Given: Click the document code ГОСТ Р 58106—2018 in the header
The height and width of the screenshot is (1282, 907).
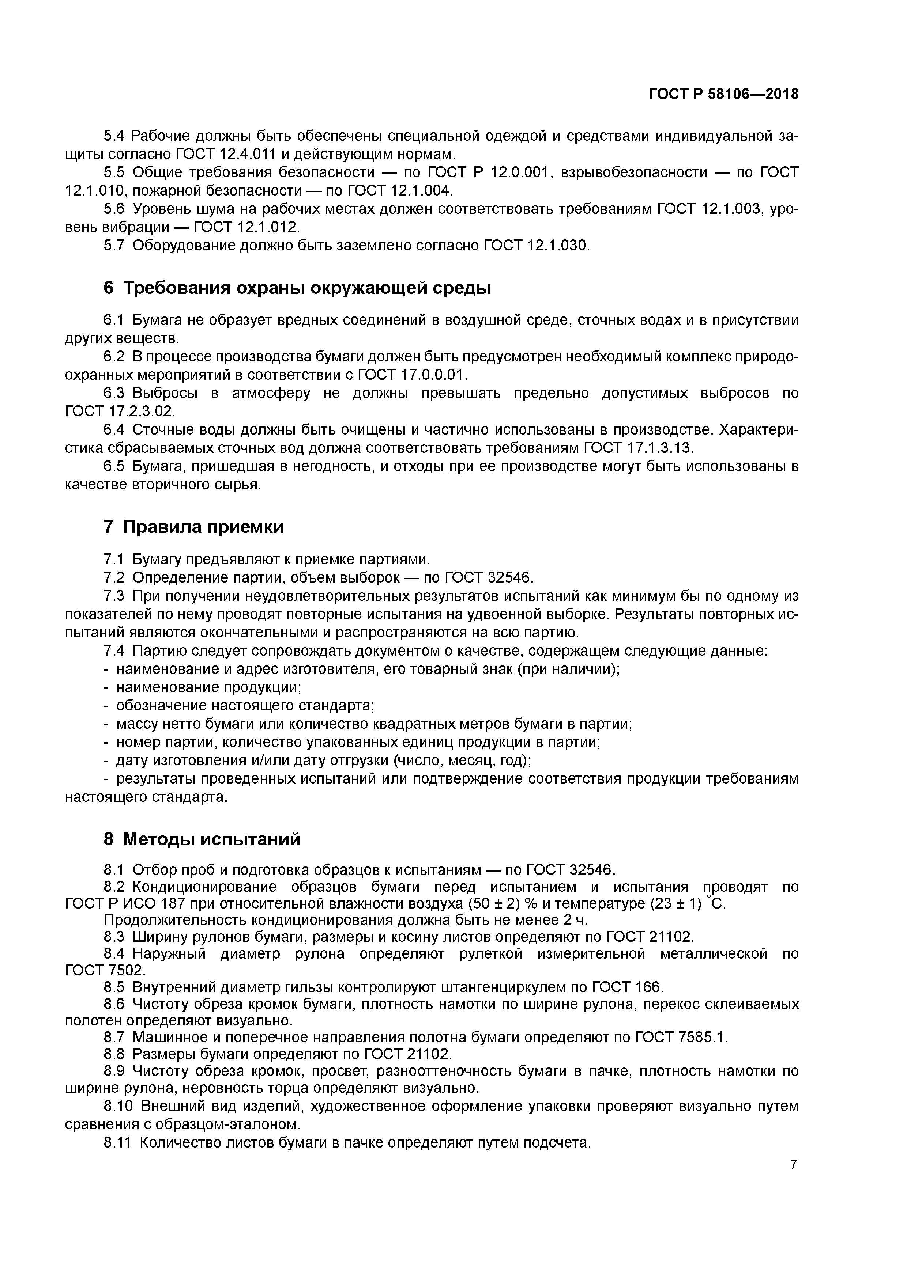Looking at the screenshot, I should [x=723, y=94].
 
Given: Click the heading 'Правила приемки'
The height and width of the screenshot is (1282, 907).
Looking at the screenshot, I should [x=203, y=527].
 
